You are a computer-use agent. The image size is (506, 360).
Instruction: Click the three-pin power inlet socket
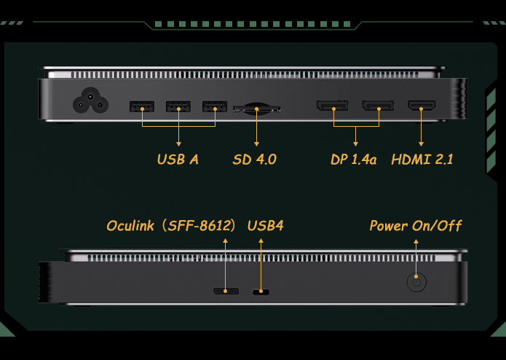point(90,101)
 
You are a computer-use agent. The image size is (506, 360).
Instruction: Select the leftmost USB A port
point(142,106)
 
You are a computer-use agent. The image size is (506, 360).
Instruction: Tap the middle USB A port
point(178,106)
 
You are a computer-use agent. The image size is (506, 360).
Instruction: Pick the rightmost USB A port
point(215,106)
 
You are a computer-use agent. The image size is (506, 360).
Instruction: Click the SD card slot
point(257,109)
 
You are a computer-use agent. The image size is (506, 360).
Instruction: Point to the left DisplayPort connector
point(333,106)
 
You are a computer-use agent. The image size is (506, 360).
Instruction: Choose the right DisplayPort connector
point(378,106)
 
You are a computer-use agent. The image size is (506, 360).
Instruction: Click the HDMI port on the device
point(422,105)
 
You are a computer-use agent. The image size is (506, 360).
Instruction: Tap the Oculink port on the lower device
point(226,291)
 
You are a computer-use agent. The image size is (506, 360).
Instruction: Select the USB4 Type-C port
point(261,292)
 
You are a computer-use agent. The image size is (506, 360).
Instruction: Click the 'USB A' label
point(178,159)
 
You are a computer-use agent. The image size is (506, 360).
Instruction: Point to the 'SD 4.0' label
point(255,159)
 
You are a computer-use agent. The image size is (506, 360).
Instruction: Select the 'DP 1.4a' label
point(354,159)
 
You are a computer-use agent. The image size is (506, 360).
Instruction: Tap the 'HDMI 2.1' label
point(422,159)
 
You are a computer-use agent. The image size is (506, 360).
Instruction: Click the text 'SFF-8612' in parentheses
point(199,225)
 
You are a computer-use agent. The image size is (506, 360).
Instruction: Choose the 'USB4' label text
point(266,225)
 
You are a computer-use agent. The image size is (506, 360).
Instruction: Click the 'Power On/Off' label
point(416,226)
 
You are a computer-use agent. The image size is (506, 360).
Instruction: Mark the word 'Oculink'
point(130,226)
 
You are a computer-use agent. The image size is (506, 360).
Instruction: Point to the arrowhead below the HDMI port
point(421,144)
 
